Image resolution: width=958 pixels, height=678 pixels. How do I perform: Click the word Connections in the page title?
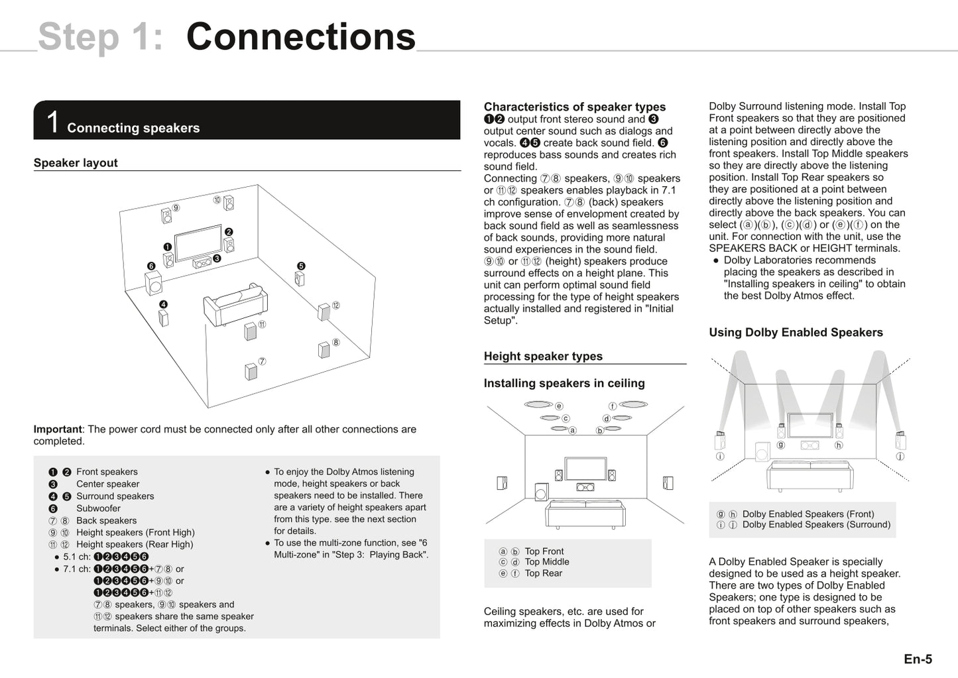[x=300, y=37]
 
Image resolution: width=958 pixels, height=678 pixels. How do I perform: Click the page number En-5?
[x=918, y=659]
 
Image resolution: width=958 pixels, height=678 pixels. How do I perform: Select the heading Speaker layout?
[x=76, y=163]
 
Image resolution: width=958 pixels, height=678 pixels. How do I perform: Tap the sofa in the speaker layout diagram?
[x=235, y=305]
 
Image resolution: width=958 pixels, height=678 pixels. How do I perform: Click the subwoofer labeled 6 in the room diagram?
[x=154, y=283]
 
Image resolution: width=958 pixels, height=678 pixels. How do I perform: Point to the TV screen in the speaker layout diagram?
[x=198, y=243]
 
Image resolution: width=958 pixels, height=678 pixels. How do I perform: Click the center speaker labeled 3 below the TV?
[x=202, y=262]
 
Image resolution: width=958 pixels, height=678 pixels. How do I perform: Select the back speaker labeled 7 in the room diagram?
[x=251, y=371]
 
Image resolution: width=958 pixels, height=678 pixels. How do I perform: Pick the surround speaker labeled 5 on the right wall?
[x=299, y=278]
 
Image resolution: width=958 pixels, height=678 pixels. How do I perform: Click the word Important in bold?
[x=58, y=429]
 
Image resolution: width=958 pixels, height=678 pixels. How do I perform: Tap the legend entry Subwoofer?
[x=98, y=508]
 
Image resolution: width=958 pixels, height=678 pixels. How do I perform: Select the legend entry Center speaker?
[x=107, y=484]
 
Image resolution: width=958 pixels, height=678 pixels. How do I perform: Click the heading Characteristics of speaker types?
[x=574, y=107]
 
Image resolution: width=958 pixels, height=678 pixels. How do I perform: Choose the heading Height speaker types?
[x=543, y=357]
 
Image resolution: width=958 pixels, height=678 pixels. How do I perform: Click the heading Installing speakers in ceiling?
[x=564, y=383]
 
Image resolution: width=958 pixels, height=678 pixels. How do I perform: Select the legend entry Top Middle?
[x=546, y=562]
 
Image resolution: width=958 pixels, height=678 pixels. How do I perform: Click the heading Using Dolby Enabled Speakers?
[x=796, y=333]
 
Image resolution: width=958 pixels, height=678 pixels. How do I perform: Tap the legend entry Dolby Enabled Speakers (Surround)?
[x=815, y=525]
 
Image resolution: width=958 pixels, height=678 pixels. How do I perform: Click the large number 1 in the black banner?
[x=53, y=123]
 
